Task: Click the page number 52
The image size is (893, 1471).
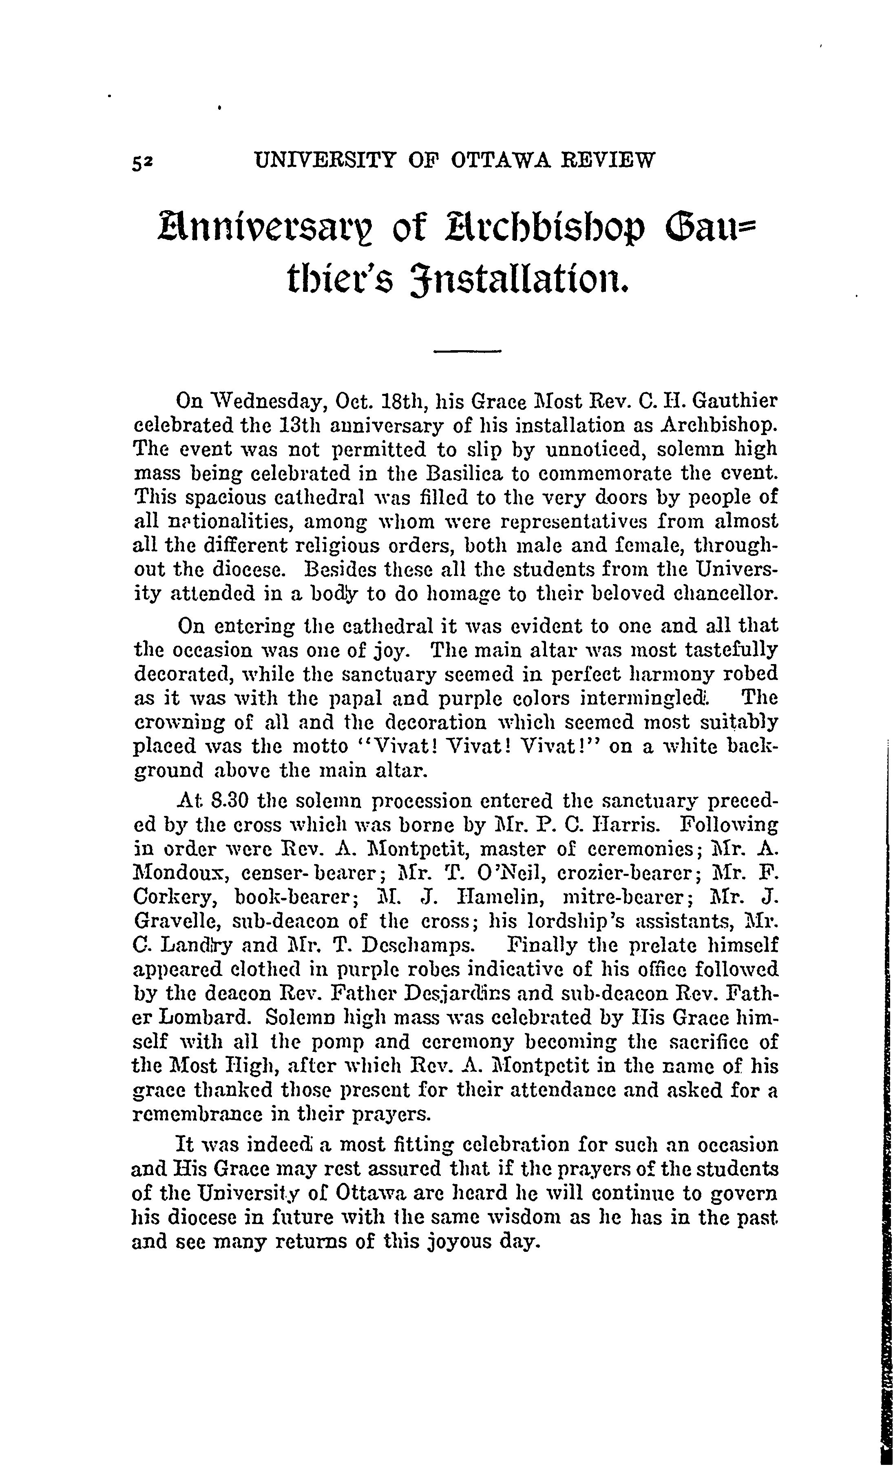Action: point(144,161)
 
